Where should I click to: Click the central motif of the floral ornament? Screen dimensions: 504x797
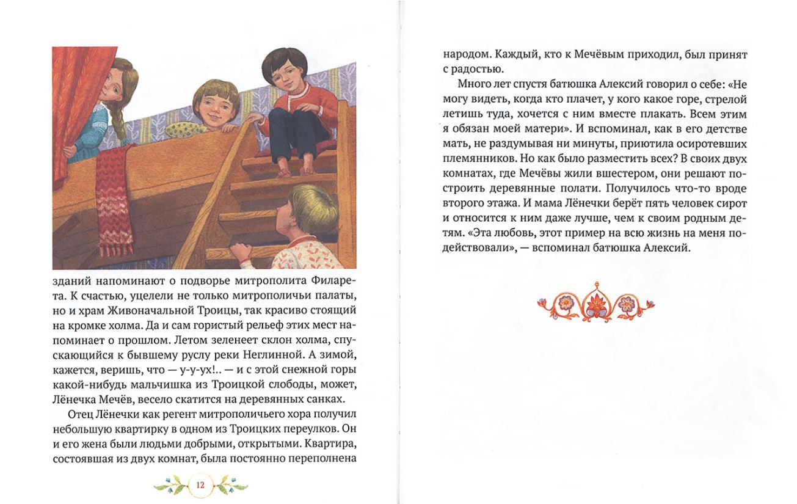click(x=595, y=301)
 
